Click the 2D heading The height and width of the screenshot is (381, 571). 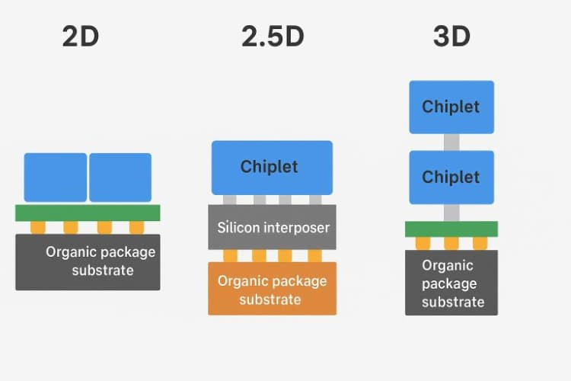coord(81,37)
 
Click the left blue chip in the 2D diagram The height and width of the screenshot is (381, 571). coord(56,177)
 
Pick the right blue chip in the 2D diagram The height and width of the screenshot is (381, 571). coord(120,177)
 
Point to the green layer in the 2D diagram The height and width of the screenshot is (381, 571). coord(88,213)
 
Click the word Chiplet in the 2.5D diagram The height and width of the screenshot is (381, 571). coord(270,166)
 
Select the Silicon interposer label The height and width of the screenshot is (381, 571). coord(272,226)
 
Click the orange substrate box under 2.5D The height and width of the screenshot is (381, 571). coord(272,289)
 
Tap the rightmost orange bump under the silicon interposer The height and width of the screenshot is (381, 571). coord(314,255)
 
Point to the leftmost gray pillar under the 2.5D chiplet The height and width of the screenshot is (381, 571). coord(230,200)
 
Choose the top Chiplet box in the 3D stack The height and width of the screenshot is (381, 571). coord(451,107)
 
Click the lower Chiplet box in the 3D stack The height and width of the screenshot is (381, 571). coord(451,177)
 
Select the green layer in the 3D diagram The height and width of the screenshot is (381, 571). coord(451,229)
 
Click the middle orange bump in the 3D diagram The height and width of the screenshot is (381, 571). coord(451,243)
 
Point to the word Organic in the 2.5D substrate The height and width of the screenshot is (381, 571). coord(243,281)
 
